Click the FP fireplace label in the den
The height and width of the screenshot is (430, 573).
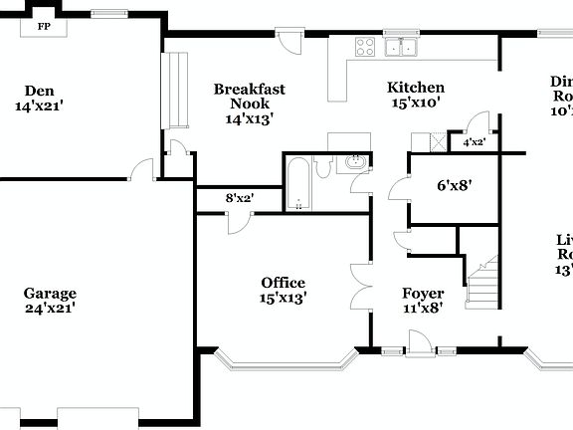[x=44, y=27]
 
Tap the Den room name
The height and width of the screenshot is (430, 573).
[x=39, y=90]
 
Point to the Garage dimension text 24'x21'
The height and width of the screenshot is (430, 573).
[x=50, y=309]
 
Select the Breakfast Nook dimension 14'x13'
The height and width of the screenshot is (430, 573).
[x=250, y=118]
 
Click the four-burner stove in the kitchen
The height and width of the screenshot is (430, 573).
[x=365, y=45]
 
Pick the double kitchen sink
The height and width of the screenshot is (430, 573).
[x=402, y=47]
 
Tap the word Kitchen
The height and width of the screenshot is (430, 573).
[x=416, y=88]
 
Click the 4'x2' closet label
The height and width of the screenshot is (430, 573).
[x=475, y=142]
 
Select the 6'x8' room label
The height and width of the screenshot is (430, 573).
[x=454, y=184]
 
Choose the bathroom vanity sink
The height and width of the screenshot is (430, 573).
[x=355, y=162]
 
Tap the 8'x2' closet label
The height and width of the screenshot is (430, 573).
[x=239, y=198]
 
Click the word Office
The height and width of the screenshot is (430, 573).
[x=283, y=283]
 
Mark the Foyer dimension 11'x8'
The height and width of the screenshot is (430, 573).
[x=422, y=308]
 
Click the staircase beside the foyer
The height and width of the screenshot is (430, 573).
[x=482, y=282]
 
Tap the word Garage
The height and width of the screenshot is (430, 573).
[x=50, y=293]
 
